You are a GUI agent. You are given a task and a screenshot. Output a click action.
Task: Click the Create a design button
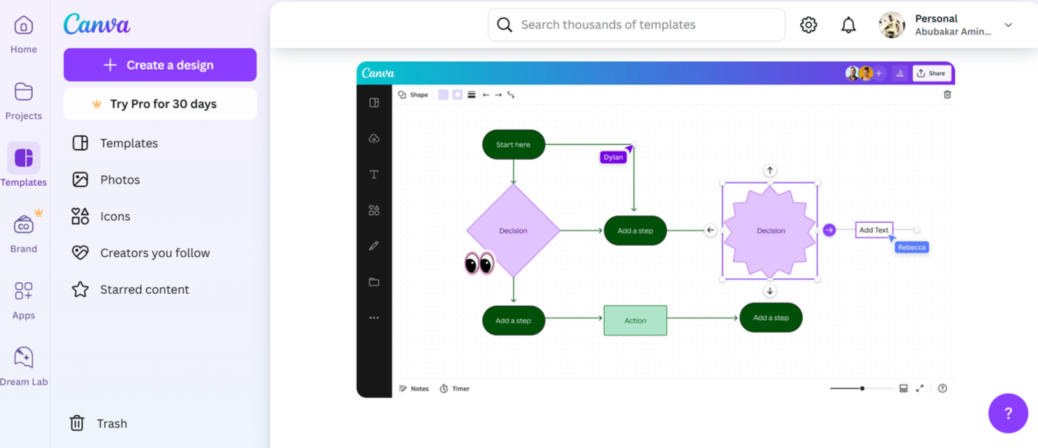160,65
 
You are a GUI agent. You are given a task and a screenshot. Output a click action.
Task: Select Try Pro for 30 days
160,104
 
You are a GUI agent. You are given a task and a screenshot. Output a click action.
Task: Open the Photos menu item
120,180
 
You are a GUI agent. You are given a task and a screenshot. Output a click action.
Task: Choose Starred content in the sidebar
144,289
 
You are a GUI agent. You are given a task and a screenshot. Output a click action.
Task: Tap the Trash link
111,423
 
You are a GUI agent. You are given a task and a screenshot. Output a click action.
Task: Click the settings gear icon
808,25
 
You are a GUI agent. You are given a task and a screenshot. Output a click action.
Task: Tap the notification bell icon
848,25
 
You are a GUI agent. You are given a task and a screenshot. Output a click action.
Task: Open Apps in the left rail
23,299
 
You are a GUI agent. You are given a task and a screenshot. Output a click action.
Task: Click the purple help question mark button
1008,413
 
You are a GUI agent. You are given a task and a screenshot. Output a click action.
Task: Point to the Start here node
513,145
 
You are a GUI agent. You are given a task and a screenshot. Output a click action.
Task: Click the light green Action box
635,320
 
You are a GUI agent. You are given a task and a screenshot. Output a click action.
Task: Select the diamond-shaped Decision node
513,230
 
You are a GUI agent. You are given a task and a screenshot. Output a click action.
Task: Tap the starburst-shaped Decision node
770,231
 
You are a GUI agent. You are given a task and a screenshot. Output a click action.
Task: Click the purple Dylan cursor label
613,157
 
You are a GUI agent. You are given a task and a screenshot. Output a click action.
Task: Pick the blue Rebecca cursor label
911,247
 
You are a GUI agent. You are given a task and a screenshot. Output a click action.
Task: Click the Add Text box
873,230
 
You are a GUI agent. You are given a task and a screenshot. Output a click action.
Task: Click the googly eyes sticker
479,264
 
